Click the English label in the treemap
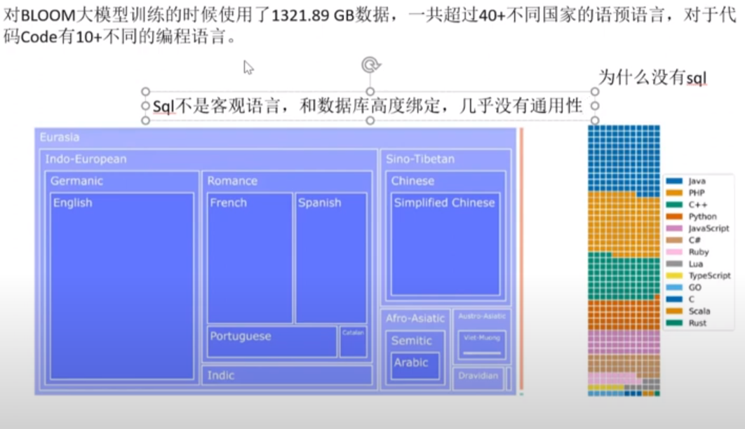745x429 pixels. coord(73,203)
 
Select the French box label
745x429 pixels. coord(229,203)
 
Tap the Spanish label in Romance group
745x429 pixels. coord(319,203)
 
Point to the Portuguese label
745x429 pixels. coord(240,336)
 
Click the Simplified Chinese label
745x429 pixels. coord(444,203)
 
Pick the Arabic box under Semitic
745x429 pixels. coord(411,362)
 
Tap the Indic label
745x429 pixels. coord(221,375)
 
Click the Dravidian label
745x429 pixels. coord(478,376)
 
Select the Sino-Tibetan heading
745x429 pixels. coord(420,159)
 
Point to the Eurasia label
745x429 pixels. coord(60,137)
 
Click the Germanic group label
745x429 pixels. coord(76,181)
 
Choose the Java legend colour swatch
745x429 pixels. coord(675,182)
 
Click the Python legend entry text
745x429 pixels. coord(702,217)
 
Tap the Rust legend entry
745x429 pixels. coord(697,323)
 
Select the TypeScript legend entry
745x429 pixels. coord(709,276)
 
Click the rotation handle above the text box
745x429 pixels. coord(370,65)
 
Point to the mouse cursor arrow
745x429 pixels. coord(248,67)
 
